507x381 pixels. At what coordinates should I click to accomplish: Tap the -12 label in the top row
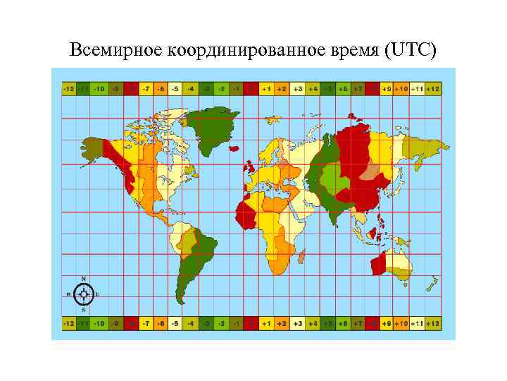click(x=69, y=89)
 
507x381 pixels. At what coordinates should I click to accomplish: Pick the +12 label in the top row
click(x=433, y=89)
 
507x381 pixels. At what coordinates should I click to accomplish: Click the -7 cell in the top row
click(x=146, y=89)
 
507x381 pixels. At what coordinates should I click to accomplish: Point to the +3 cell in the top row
click(x=297, y=89)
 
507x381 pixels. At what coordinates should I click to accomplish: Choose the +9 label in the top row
click(x=387, y=89)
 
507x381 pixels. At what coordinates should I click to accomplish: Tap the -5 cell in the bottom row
click(x=176, y=322)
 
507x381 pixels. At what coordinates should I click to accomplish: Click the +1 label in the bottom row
click(x=266, y=322)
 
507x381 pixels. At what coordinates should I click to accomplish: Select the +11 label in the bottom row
click(x=418, y=322)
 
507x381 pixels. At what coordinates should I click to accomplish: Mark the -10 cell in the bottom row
click(x=100, y=322)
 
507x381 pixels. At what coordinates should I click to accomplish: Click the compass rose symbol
click(x=84, y=294)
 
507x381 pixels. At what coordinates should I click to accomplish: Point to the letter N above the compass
click(x=84, y=278)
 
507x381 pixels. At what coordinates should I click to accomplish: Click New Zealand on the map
click(x=430, y=284)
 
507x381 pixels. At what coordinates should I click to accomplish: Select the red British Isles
click(x=251, y=167)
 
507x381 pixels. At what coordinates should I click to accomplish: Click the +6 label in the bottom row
click(x=342, y=322)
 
